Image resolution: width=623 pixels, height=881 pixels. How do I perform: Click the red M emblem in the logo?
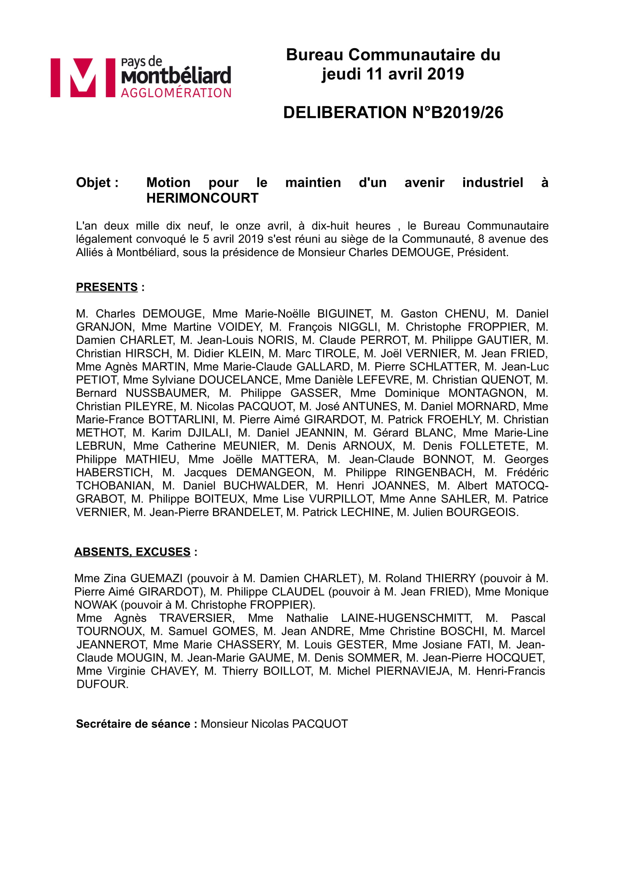click(x=83, y=78)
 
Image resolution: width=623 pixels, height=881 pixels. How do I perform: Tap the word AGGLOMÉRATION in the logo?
click(x=176, y=93)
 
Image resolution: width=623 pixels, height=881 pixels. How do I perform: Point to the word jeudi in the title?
click(x=341, y=74)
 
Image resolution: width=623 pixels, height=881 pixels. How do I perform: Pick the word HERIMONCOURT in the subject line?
click(x=202, y=198)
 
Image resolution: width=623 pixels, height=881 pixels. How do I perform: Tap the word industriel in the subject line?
click(x=492, y=183)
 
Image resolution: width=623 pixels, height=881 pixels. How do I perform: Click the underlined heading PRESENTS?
click(x=107, y=287)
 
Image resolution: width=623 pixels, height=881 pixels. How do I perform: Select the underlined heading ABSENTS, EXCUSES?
click(x=132, y=552)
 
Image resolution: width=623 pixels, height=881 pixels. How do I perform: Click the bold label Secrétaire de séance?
click(x=133, y=724)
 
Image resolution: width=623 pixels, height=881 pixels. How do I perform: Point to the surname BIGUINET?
click(x=345, y=314)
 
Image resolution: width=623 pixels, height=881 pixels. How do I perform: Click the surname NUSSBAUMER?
click(x=167, y=393)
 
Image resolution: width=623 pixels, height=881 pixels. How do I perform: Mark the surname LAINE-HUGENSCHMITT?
click(x=406, y=618)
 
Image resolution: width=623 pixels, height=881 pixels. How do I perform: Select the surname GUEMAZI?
click(x=156, y=578)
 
